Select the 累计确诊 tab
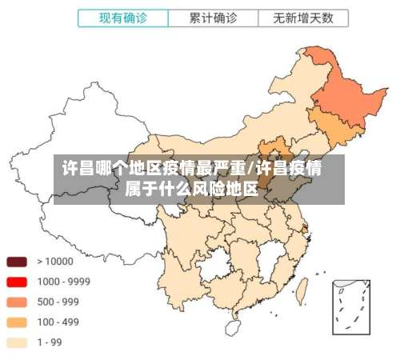(x=212, y=16)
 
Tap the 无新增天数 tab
(x=303, y=16)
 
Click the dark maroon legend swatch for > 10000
(x=17, y=262)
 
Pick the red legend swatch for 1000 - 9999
(x=17, y=282)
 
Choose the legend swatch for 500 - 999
(x=17, y=302)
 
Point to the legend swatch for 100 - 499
(x=17, y=322)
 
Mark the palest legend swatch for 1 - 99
(x=17, y=342)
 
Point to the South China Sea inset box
(x=352, y=306)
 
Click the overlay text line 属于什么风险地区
(x=192, y=190)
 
